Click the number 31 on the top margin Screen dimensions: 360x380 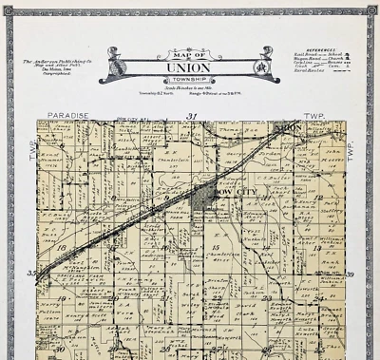click(x=192, y=115)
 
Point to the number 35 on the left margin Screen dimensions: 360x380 click(x=30, y=274)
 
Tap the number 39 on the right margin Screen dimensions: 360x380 click(x=349, y=275)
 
